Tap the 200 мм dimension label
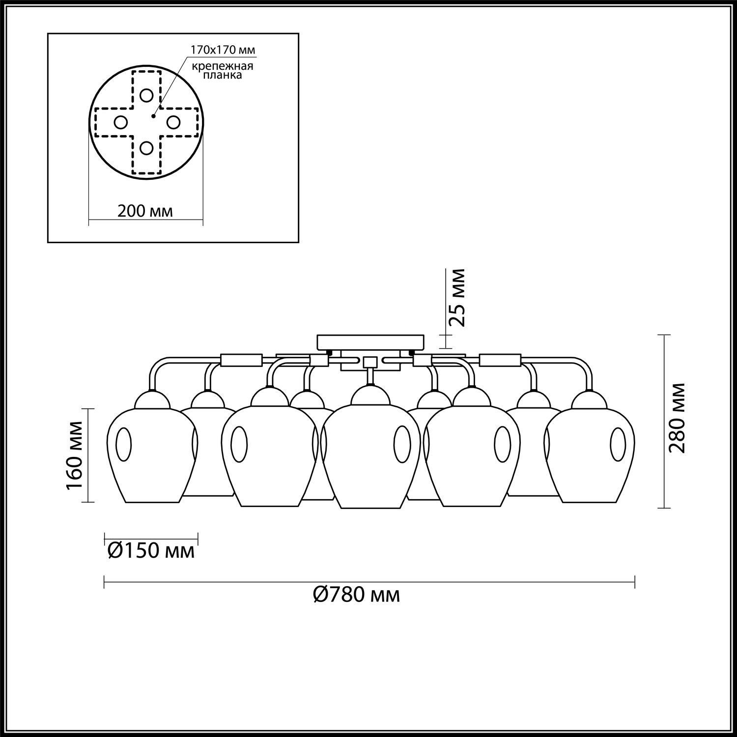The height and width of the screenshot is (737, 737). pyautogui.click(x=145, y=211)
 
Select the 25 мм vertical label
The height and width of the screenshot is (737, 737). pyautogui.click(x=457, y=298)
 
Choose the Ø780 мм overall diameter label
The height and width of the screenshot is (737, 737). pyautogui.click(x=356, y=595)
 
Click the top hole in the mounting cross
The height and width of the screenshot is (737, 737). pyautogui.click(x=146, y=95)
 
